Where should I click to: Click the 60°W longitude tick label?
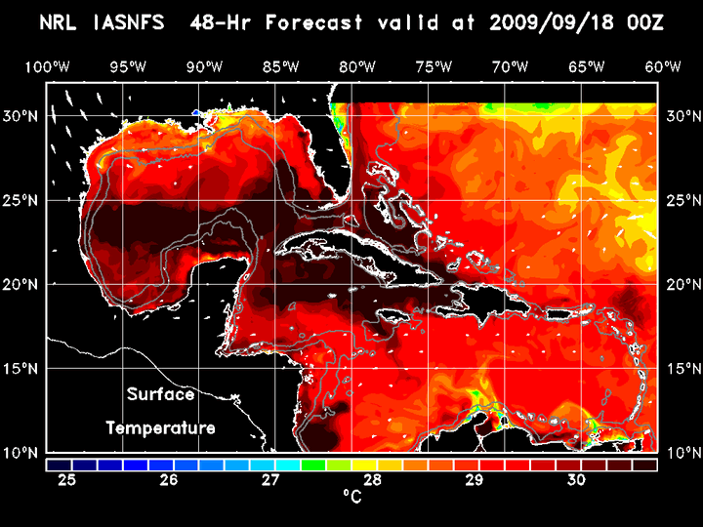(x=664, y=66)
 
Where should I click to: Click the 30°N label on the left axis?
(x=21, y=115)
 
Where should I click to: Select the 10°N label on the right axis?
(x=682, y=453)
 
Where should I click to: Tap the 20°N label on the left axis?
(x=21, y=284)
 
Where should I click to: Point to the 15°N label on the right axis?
(x=682, y=369)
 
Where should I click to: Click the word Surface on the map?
(x=160, y=395)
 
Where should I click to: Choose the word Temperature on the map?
(x=160, y=427)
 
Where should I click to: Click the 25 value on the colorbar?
(x=67, y=480)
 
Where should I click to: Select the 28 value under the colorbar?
(x=372, y=480)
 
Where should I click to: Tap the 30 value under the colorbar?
(x=575, y=480)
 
